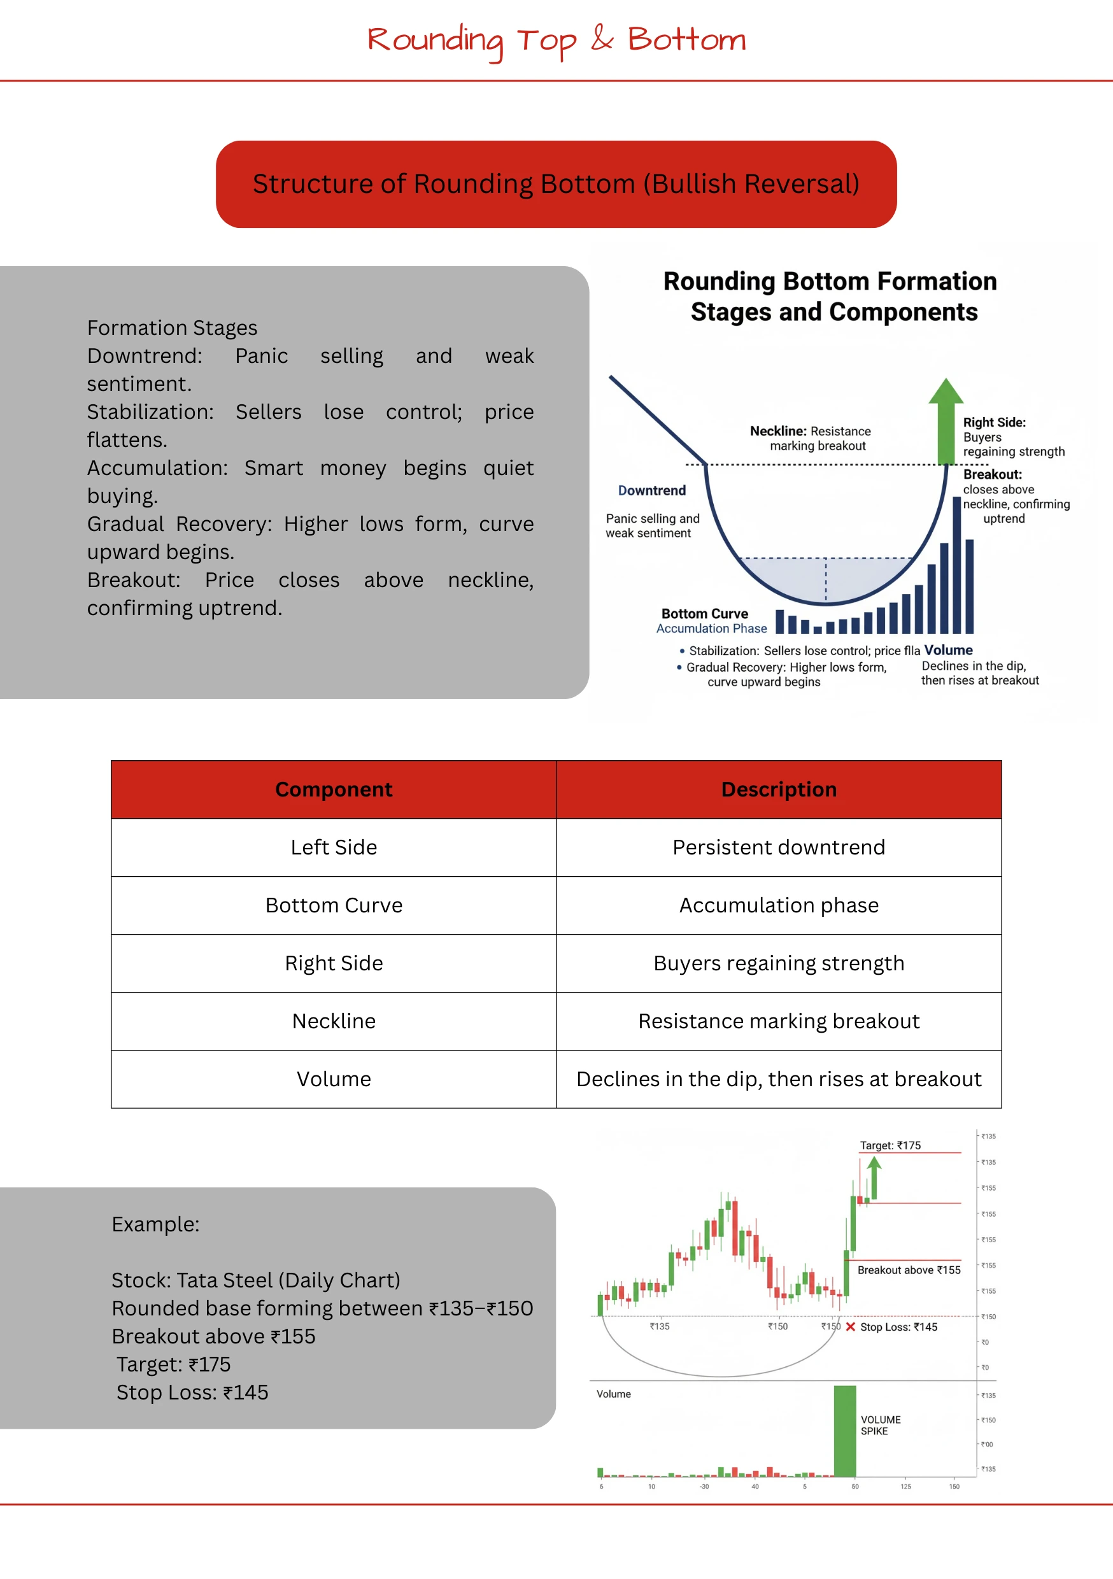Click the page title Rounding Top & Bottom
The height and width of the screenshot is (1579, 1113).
556,40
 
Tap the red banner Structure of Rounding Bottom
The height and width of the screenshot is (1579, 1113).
556,184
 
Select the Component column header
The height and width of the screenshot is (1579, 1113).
334,789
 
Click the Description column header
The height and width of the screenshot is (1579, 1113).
779,789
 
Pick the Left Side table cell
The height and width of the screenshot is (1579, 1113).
334,847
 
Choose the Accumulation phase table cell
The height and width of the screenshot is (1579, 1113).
779,905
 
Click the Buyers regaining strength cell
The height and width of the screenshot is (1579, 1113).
779,963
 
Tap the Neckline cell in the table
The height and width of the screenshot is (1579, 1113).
334,1021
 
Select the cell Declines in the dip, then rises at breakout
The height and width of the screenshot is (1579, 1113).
779,1079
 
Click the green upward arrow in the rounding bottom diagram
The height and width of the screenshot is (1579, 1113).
946,420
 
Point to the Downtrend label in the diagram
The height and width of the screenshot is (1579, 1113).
651,490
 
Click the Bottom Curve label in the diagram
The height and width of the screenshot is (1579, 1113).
704,613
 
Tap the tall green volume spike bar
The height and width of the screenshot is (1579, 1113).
845,1431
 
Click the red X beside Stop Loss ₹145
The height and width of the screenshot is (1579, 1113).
851,1327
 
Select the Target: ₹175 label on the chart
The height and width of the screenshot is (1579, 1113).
890,1145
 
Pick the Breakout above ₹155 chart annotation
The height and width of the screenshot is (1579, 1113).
909,1270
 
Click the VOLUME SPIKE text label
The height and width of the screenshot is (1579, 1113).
880,1425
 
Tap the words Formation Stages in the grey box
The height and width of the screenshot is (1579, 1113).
172,328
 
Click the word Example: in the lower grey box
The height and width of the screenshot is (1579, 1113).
155,1224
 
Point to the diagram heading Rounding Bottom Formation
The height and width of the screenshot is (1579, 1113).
830,281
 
